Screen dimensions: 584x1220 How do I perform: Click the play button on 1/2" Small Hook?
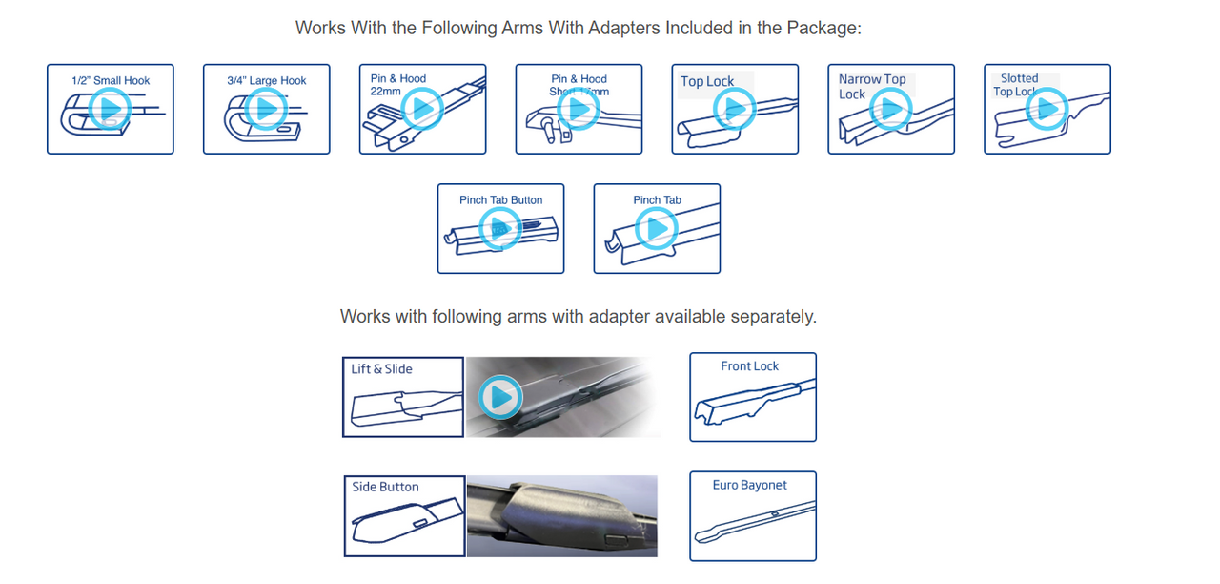[110, 109]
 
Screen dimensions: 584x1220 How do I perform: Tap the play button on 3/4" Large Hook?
[266, 109]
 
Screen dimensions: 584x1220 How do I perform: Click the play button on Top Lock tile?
[735, 110]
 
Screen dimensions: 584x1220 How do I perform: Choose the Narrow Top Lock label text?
[871, 87]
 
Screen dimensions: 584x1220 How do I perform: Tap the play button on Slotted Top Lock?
[1047, 109]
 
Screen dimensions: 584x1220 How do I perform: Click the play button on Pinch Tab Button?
[500, 228]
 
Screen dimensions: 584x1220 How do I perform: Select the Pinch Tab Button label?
[500, 200]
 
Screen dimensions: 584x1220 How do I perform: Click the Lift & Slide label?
[381, 369]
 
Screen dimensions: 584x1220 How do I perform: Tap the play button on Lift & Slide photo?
[500, 397]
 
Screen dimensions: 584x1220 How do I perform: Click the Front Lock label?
[750, 366]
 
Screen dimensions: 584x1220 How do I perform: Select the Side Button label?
[385, 488]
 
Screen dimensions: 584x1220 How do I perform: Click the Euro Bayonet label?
[750, 486]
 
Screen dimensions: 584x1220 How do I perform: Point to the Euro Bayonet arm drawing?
[753, 523]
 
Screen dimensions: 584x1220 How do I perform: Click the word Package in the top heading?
[825, 28]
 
